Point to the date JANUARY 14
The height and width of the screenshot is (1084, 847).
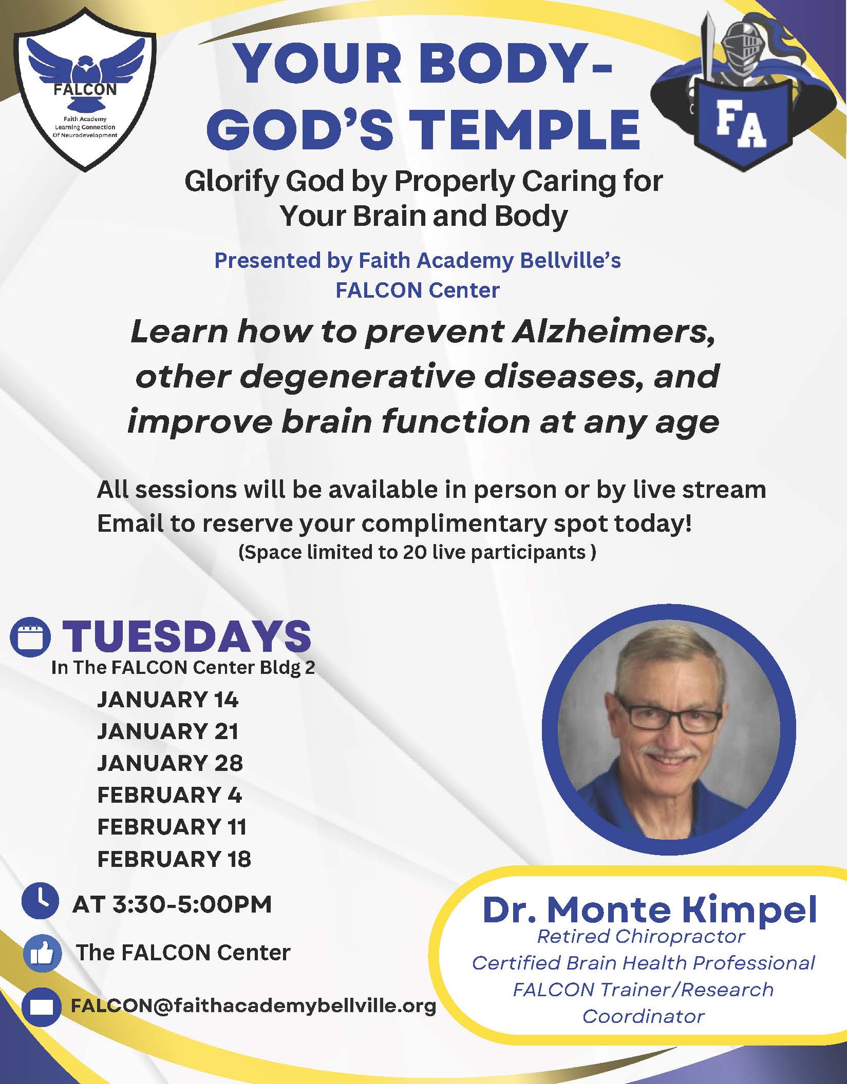point(168,700)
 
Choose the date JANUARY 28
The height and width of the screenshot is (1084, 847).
point(170,763)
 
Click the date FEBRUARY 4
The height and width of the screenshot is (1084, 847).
point(170,795)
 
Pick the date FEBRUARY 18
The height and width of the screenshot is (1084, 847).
point(174,859)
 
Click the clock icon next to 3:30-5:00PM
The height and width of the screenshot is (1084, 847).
point(40,914)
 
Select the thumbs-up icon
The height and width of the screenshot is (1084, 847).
point(42,954)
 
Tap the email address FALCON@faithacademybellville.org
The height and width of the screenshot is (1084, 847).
point(254,1005)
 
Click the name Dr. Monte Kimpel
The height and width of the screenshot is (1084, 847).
point(650,909)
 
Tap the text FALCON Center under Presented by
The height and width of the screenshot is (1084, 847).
point(418,291)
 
